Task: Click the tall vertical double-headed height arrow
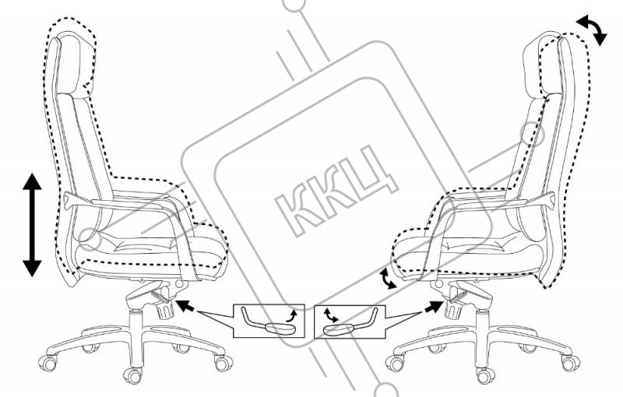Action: click(31, 225)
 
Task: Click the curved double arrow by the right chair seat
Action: click(386, 278)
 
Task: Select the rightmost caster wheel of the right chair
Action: click(574, 363)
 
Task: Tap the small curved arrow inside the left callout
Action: click(291, 313)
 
